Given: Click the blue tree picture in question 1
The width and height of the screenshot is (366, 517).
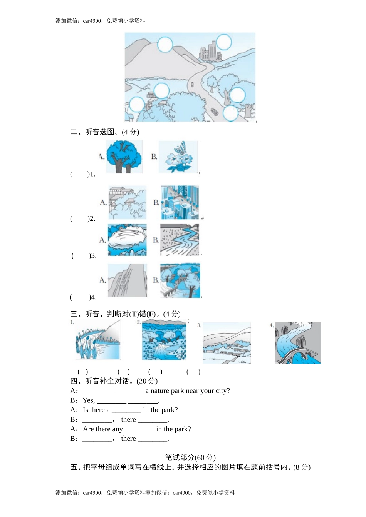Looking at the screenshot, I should click(x=124, y=157).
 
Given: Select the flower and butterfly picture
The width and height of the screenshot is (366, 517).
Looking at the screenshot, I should click(x=178, y=157).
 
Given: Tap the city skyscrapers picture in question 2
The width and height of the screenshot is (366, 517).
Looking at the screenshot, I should click(x=180, y=202).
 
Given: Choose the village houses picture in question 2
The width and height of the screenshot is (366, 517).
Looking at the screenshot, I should click(x=127, y=202).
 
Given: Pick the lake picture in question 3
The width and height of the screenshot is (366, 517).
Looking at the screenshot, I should click(x=127, y=240).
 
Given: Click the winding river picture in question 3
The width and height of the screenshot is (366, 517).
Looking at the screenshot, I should click(x=180, y=240).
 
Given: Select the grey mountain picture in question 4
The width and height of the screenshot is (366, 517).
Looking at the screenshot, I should click(x=127, y=280).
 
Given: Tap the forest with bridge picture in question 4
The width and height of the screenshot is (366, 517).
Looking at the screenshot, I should click(x=180, y=280).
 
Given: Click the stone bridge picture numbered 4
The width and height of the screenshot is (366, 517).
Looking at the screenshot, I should click(x=298, y=343).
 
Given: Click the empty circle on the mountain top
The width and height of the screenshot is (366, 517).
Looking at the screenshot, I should click(x=165, y=44).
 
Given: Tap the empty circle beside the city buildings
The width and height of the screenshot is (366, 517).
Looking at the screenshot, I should click(x=223, y=42).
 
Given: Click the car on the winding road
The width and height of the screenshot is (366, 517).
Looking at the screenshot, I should click(x=214, y=112).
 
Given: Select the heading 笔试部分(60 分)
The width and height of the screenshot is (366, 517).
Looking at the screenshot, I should click(x=190, y=457).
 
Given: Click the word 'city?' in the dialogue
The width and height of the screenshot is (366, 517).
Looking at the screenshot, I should click(x=222, y=391).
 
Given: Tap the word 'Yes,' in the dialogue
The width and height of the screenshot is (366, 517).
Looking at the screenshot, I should click(x=89, y=400).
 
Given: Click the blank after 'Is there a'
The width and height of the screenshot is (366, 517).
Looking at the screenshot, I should click(x=126, y=410).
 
